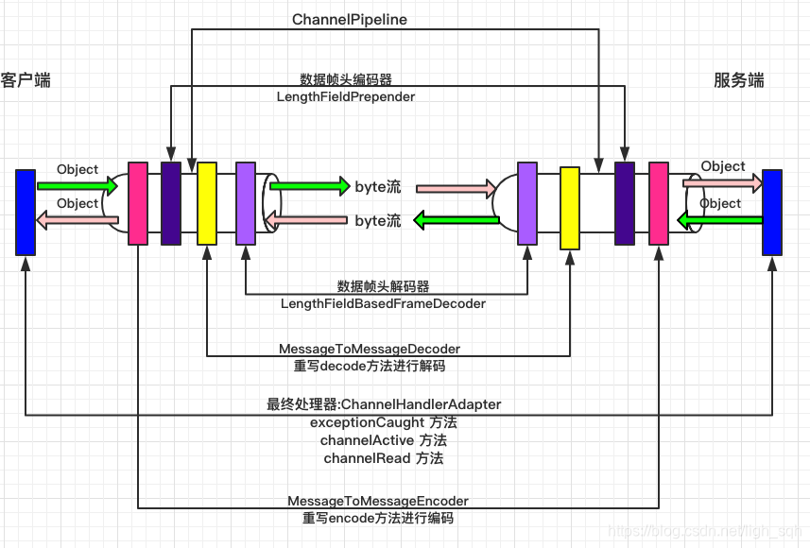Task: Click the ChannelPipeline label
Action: pos(349,19)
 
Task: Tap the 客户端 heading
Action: pos(26,80)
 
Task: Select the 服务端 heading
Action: pos(738,80)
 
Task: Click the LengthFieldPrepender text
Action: pos(346,96)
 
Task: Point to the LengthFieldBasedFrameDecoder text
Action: pos(383,303)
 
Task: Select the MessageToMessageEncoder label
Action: pos(378,501)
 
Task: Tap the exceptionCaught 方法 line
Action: pos(383,422)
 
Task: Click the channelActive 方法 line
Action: pos(383,440)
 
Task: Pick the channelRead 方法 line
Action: pos(383,458)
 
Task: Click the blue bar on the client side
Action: pos(26,212)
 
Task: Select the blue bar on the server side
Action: pos(772,212)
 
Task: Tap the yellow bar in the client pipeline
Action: pos(207,203)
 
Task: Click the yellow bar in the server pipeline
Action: pos(569,208)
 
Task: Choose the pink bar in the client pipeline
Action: pos(138,203)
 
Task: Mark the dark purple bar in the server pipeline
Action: pos(624,203)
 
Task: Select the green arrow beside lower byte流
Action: pos(457,220)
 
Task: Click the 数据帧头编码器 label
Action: pos(346,79)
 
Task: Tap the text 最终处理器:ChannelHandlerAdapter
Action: pos(384,404)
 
